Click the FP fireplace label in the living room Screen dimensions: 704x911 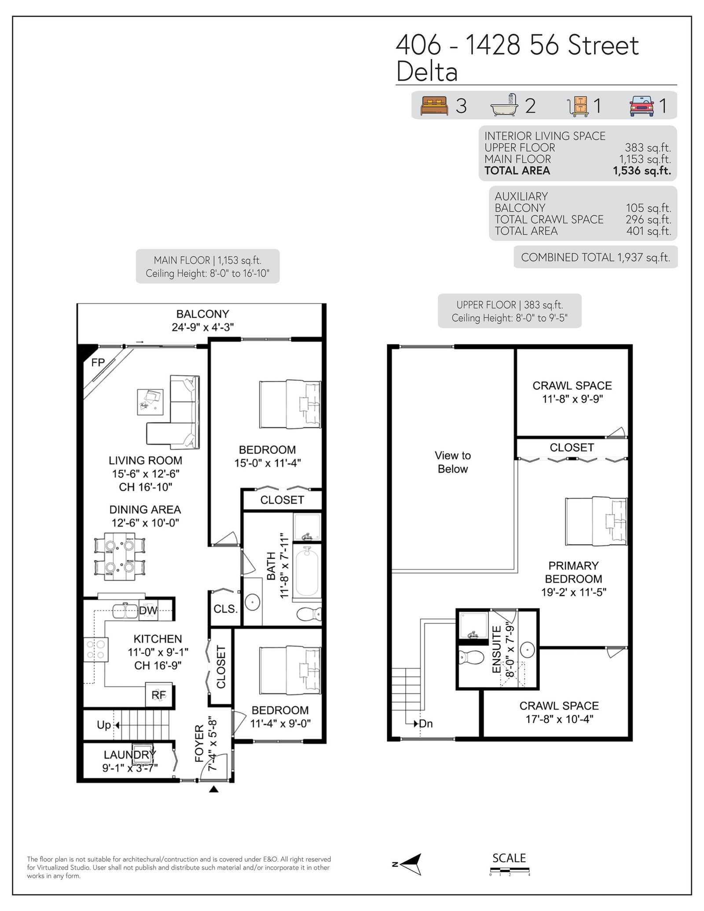98,362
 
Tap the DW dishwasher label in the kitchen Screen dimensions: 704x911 148,610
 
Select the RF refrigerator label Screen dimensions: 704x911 159,695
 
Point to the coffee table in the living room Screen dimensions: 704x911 150,402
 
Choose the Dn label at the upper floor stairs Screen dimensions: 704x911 425,724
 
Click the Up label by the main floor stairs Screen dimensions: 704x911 104,724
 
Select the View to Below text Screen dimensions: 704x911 453,462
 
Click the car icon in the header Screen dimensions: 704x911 642,106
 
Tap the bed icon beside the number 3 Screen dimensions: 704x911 434,106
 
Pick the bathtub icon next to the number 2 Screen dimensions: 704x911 506,105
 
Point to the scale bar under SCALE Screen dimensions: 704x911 510,870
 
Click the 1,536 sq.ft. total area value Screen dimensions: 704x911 642,171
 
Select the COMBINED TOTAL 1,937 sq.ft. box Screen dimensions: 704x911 595,257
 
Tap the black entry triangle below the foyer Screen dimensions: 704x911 213,790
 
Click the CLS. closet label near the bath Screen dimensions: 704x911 226,609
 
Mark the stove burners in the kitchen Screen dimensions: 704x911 96,649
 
